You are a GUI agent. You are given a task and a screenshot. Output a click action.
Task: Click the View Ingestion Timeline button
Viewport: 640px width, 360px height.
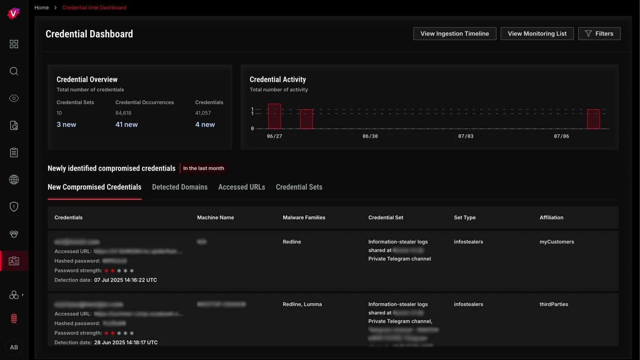(455, 34)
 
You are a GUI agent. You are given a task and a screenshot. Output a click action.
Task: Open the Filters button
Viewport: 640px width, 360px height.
(599, 34)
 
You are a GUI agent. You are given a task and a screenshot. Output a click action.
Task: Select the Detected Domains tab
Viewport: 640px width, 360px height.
(179, 187)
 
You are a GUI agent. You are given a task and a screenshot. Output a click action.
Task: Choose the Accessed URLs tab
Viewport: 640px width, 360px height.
(241, 187)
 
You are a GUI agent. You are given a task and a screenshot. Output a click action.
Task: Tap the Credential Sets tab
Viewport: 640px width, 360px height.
(299, 187)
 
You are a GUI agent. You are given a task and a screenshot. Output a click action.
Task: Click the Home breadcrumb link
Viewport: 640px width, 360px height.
(41, 8)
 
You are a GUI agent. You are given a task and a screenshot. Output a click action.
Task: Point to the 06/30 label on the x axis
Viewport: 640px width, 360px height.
(370, 136)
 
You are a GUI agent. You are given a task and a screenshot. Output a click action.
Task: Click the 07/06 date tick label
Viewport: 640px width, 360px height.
(561, 136)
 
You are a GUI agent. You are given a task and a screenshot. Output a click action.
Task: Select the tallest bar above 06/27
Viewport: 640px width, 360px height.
(274, 116)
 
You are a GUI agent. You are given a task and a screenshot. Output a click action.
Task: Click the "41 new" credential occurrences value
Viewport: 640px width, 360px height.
(127, 125)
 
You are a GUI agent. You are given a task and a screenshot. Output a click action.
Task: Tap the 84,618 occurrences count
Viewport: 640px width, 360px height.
(123, 113)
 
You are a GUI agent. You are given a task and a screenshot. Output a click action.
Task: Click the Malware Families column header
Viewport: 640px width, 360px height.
(304, 218)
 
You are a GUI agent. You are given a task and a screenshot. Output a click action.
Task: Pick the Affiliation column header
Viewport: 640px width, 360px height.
(551, 218)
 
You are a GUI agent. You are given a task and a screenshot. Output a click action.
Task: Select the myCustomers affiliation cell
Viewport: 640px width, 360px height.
(557, 242)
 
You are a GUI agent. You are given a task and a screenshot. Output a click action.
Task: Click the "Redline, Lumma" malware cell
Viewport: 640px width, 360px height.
(302, 305)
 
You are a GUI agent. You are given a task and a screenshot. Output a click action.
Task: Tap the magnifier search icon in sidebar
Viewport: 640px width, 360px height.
(14, 71)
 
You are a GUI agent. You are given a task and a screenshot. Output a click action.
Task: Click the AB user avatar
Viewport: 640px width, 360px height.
(14, 347)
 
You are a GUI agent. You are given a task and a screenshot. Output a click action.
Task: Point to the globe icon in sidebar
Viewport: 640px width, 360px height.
(14, 180)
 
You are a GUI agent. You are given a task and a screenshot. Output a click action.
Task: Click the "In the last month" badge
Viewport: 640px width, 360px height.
(204, 169)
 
